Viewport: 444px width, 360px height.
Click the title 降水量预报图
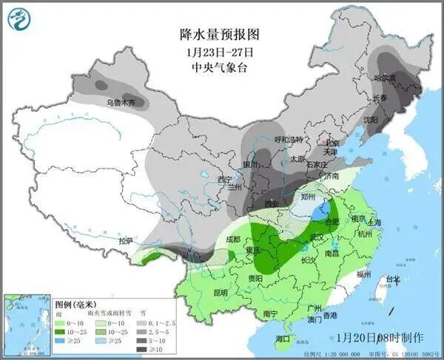click(x=220, y=35)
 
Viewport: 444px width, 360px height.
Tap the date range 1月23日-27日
click(x=220, y=52)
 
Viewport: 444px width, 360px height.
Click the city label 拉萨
click(x=127, y=241)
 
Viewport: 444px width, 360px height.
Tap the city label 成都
click(x=232, y=240)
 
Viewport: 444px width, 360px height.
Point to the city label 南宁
click(x=270, y=313)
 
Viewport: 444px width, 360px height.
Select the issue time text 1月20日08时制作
click(x=380, y=337)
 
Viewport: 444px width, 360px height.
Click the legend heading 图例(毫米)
click(x=76, y=304)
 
